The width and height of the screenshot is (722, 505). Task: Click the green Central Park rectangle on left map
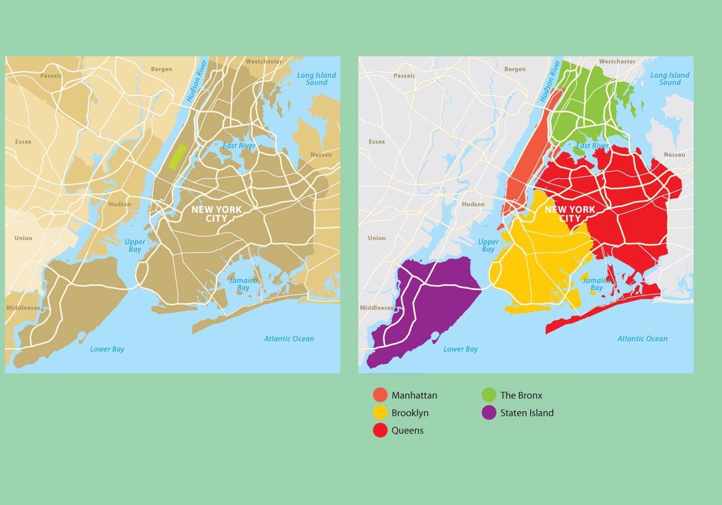click(x=177, y=157)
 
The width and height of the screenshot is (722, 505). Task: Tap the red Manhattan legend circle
click(x=380, y=395)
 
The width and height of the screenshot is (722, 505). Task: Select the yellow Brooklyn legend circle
click(x=380, y=413)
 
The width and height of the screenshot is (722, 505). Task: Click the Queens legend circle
click(x=380, y=430)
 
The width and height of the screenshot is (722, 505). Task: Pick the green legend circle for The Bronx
click(x=489, y=395)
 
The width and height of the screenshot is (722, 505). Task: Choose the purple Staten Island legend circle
click(x=489, y=413)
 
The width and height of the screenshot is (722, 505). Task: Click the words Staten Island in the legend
click(x=527, y=413)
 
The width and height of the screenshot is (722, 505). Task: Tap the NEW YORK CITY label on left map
click(x=217, y=214)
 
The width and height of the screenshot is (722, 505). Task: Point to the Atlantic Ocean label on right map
click(x=643, y=339)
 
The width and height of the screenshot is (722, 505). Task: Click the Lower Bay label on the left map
click(x=107, y=349)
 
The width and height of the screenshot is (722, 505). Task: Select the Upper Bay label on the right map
click(x=488, y=245)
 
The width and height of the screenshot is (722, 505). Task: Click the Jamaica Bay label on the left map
click(x=243, y=284)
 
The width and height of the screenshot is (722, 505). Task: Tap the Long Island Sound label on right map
click(x=669, y=79)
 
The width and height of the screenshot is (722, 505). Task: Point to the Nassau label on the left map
click(x=321, y=155)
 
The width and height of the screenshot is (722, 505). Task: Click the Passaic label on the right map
click(x=404, y=76)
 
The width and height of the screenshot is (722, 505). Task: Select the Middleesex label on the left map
click(x=23, y=308)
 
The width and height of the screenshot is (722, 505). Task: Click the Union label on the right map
click(x=376, y=238)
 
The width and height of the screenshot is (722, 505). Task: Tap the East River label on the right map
click(x=593, y=146)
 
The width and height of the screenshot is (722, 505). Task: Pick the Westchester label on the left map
click(x=264, y=61)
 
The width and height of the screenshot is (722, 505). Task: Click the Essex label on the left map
click(x=23, y=142)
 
